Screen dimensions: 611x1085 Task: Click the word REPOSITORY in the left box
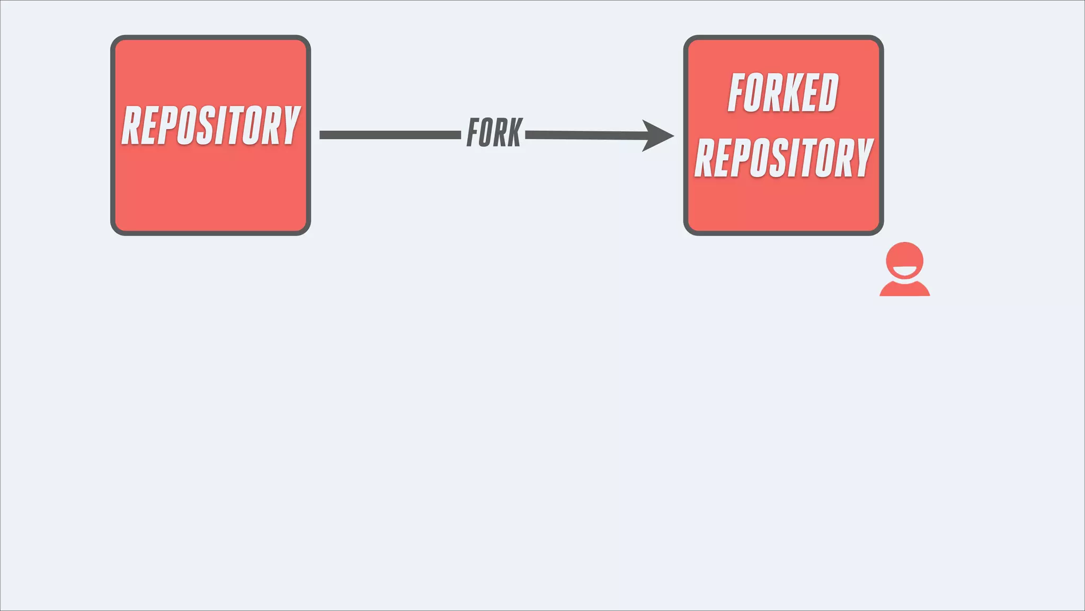211,125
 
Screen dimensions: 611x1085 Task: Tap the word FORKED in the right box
783,93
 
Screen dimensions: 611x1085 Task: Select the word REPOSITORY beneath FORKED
783,158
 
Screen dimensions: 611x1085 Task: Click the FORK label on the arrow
494,133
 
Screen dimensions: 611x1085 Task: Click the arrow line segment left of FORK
390,135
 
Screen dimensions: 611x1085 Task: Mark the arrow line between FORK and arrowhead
583,135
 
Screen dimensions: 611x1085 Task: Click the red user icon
904,269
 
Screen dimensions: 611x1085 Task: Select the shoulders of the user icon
904,289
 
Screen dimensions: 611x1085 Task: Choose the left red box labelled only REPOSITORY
210,191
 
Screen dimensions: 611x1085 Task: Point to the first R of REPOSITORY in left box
132,125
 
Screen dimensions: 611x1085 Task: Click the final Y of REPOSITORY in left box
290,125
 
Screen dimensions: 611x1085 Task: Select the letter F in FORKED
738,93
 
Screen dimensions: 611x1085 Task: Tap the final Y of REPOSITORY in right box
863,158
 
